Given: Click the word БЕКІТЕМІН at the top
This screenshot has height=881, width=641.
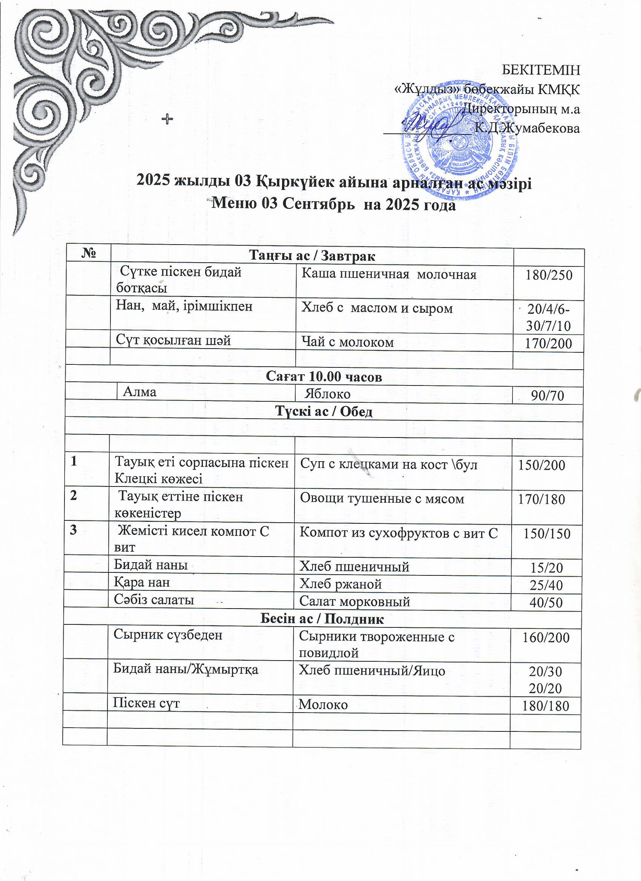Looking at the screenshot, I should tap(541, 70).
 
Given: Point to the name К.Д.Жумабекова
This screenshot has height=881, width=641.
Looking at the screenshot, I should tap(528, 128).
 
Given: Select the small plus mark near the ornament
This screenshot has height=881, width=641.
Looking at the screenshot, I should tap(167, 119).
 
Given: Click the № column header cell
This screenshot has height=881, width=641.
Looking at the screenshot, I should tap(89, 255).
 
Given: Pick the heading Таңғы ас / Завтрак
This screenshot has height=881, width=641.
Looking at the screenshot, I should tap(312, 256).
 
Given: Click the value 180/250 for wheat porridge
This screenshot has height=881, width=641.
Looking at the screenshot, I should tap(549, 275).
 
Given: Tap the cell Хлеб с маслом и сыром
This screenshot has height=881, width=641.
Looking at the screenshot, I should tap(377, 309).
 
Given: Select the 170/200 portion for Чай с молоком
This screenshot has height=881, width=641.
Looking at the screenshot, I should tap(549, 343).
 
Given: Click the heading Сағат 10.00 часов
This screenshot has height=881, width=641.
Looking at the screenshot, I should tap(324, 377).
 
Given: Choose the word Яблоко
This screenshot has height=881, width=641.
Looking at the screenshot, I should tap(327, 394).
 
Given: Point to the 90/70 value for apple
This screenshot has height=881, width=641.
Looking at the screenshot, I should tap(547, 396).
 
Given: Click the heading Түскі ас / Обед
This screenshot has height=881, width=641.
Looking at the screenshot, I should tap(324, 412).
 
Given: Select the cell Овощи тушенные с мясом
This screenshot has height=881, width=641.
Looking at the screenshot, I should tap(382, 499).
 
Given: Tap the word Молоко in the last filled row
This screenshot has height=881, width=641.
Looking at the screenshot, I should tap(323, 704).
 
